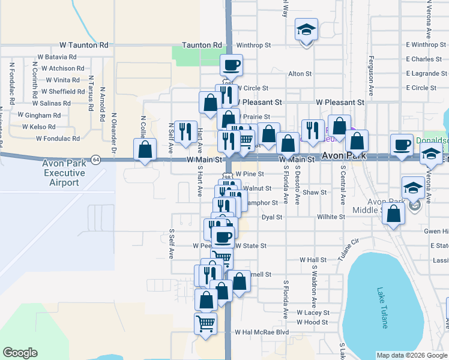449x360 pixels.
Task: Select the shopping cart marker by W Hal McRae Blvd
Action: pyautogui.click(x=205, y=323)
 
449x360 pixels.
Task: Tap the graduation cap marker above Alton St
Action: pyautogui.click(x=306, y=31)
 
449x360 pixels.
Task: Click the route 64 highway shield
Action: pyautogui.click(x=95, y=159)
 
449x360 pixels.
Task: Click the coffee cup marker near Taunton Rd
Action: pyautogui.click(x=231, y=65)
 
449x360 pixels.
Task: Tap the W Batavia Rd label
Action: pyautogui.click(x=57, y=56)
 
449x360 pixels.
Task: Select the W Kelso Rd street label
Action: pyautogui.click(x=38, y=127)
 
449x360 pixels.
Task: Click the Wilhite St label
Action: pyautogui.click(x=331, y=217)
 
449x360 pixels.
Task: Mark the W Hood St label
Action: pyautogui.click(x=312, y=322)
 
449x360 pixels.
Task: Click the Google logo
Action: pyautogui.click(x=20, y=353)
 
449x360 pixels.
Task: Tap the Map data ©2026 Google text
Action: pyautogui.click(x=412, y=355)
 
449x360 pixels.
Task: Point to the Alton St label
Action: pyautogui.click(x=300, y=74)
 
